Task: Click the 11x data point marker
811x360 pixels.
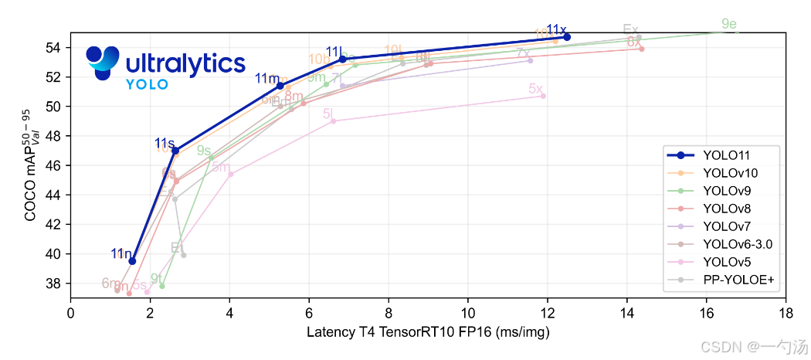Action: click(567, 37)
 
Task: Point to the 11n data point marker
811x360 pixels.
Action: click(132, 261)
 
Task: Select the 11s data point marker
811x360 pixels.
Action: click(175, 151)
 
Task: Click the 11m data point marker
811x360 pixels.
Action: click(280, 86)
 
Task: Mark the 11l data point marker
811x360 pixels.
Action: click(342, 59)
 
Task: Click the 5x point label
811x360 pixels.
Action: click(536, 89)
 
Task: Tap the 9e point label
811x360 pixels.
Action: click(728, 25)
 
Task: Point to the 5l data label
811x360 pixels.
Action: click(328, 114)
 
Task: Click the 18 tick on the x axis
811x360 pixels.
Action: click(786, 314)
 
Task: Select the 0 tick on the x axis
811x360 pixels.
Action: click(71, 314)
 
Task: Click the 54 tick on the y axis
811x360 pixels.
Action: click(56, 48)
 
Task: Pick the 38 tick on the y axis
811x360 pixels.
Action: click(56, 284)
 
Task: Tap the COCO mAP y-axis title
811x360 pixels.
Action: click(32, 165)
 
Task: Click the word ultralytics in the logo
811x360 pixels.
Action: click(185, 63)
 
